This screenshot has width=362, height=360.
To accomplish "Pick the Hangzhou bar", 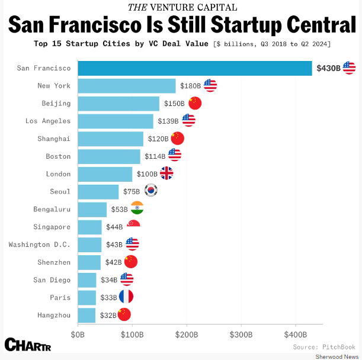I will (x=87, y=315).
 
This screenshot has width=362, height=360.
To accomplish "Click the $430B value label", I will (x=328, y=68).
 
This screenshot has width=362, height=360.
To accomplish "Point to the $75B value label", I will (x=131, y=192).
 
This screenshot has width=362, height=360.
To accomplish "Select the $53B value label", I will (x=118, y=209).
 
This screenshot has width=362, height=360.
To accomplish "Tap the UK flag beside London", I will (x=166, y=173).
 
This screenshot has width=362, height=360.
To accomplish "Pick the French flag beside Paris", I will (x=126, y=297).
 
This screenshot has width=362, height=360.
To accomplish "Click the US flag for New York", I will (x=210, y=85).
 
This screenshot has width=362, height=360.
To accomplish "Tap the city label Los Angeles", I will (x=48, y=121).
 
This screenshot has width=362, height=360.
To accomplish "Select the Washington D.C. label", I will (x=40, y=245).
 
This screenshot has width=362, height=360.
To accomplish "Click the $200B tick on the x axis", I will (x=187, y=335).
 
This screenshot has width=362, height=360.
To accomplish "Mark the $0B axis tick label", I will (x=78, y=335).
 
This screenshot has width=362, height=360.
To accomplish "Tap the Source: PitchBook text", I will (x=324, y=346).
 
